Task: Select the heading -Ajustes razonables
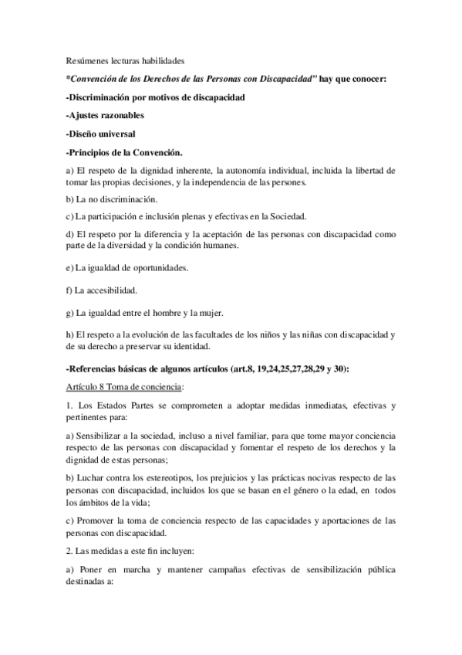[x=105, y=116]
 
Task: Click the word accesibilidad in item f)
[x=111, y=291]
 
